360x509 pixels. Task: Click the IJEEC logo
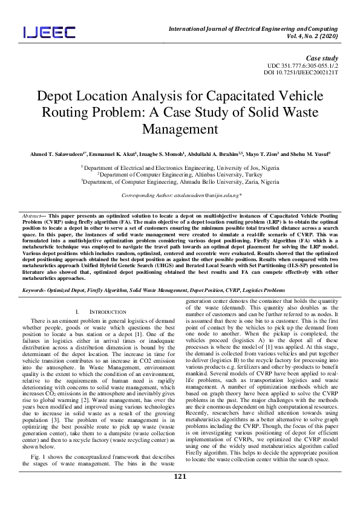click(50, 32)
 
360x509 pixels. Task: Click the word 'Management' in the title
click(180, 129)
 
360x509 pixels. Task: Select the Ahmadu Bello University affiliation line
click(180, 181)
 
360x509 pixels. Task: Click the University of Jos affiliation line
click(180, 166)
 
